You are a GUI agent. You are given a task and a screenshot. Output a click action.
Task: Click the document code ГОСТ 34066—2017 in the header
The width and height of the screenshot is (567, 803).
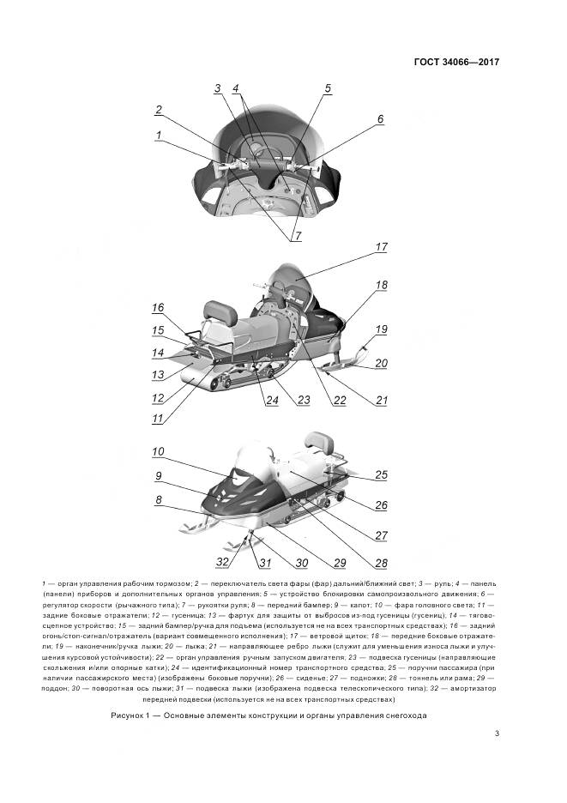point(455,62)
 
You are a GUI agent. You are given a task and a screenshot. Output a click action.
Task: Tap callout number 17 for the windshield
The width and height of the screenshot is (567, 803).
point(382,247)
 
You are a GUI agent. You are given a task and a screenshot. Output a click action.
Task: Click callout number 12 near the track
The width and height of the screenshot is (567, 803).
point(157,398)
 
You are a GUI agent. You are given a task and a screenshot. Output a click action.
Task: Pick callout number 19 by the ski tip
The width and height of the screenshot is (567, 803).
point(381,329)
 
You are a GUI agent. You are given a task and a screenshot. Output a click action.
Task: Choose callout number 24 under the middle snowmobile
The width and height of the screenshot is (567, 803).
point(271,401)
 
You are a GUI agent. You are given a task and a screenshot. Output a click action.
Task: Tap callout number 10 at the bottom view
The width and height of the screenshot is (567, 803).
point(158,451)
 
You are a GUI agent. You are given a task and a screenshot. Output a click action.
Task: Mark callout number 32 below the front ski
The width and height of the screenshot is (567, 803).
point(222,562)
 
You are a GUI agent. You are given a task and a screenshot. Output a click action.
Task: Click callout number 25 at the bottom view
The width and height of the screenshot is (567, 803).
point(382,474)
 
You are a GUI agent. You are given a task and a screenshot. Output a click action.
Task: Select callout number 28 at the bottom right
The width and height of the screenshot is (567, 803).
point(381,563)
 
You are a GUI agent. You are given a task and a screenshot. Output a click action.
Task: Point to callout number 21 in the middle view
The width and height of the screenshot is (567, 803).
point(382,400)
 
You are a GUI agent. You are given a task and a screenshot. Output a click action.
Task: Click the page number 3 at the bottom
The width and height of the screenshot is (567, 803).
point(498,733)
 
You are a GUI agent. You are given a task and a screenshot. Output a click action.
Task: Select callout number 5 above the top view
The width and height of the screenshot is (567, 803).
point(327,88)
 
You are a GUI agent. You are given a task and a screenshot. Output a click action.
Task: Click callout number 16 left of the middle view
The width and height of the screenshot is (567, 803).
point(158,307)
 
